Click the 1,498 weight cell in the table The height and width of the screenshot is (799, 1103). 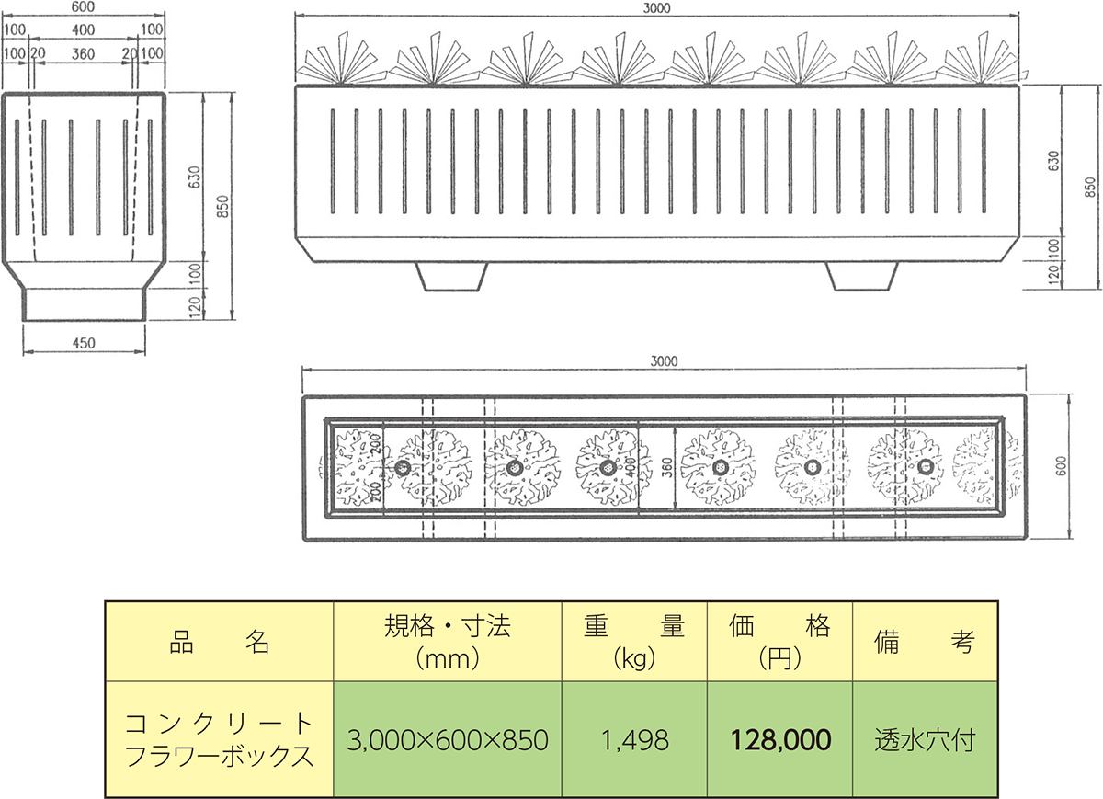(x=635, y=740)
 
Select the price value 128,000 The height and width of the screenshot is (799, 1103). (x=780, y=740)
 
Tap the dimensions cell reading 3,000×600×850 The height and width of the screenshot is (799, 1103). (x=448, y=740)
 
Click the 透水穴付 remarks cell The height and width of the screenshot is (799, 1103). (x=926, y=740)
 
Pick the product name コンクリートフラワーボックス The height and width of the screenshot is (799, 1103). (x=219, y=740)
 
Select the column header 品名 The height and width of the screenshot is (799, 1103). (x=219, y=642)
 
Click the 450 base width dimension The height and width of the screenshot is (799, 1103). (x=84, y=343)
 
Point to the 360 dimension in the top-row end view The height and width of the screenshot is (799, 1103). (x=84, y=53)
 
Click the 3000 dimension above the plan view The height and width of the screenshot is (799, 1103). (x=664, y=361)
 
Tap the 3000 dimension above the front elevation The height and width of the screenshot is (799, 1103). (x=657, y=8)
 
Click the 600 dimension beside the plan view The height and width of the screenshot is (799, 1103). (x=1061, y=466)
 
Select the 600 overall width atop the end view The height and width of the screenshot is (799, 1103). (x=84, y=7)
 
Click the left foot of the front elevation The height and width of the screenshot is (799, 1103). (x=451, y=277)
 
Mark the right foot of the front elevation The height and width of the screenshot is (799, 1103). (x=862, y=277)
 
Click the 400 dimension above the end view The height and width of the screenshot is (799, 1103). (x=84, y=30)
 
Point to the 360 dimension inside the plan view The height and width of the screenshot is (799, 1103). (x=666, y=467)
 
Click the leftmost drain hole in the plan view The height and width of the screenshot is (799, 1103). (x=403, y=467)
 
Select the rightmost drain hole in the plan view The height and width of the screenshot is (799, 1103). (x=926, y=466)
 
